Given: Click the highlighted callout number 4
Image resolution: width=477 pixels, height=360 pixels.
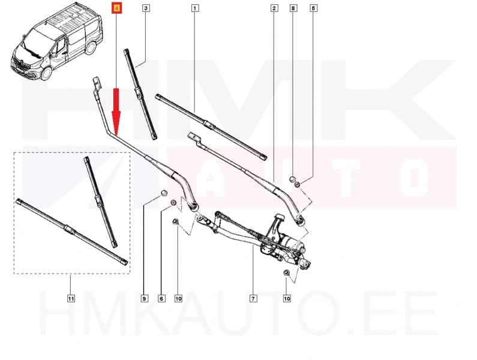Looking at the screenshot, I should (116, 8).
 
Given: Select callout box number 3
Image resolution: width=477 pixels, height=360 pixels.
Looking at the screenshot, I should (146, 8).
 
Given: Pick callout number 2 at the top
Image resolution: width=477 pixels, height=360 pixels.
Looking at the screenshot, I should (274, 8).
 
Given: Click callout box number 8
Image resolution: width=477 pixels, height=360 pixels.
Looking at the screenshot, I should (293, 8).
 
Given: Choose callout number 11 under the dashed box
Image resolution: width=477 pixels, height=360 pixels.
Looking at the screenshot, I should (70, 298).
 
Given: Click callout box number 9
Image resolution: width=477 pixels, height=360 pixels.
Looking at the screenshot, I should (145, 298).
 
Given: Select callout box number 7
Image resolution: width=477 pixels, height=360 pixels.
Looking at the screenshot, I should (253, 298).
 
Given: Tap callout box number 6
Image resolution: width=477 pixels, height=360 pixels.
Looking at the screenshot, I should (161, 298).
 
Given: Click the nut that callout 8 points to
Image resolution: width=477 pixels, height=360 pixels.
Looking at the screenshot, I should (292, 178).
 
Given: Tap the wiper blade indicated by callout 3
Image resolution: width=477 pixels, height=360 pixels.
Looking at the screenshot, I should (140, 93).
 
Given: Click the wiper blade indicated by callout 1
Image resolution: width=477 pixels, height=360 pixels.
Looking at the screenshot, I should (210, 125).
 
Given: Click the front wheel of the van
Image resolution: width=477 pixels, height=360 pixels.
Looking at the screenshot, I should (45, 73).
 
